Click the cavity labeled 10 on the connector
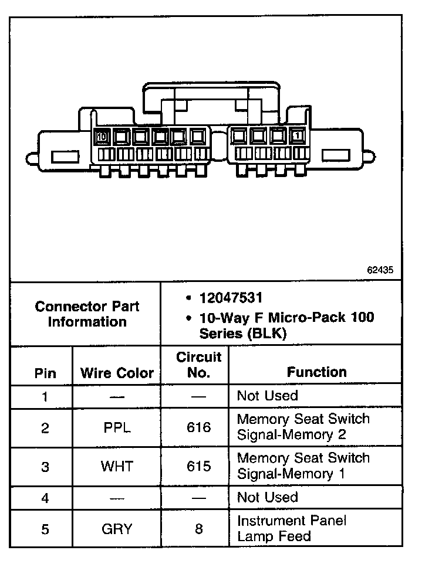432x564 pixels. (x=102, y=137)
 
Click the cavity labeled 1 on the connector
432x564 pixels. (x=298, y=137)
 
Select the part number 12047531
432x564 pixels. (x=231, y=298)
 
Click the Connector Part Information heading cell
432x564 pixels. (x=87, y=314)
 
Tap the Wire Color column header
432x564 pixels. (x=117, y=373)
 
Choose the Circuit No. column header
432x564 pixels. (x=198, y=365)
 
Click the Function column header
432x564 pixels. (x=316, y=372)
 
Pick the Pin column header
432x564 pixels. (x=45, y=373)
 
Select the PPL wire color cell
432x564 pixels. (x=116, y=428)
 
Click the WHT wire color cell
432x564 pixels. (x=117, y=467)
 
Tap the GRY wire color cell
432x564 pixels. (x=117, y=529)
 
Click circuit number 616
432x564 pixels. (x=198, y=428)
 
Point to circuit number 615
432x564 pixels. (x=198, y=467)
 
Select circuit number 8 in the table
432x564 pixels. (x=198, y=529)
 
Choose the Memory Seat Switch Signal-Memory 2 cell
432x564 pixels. (x=303, y=427)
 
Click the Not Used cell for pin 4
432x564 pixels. (x=267, y=497)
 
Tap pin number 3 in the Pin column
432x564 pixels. (x=45, y=467)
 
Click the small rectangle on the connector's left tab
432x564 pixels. (x=61, y=157)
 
